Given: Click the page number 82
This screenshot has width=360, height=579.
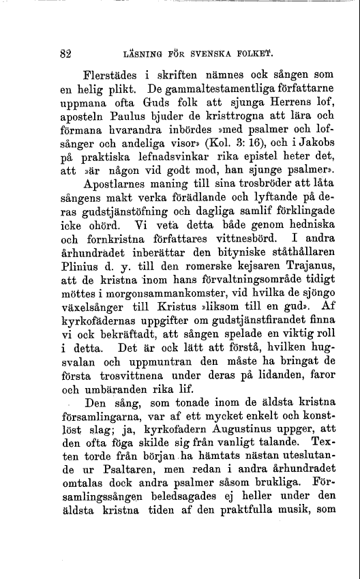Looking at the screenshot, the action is (65, 52).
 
